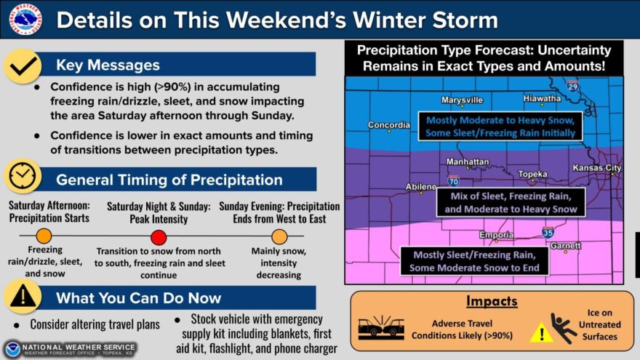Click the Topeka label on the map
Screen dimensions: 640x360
[x=532, y=175]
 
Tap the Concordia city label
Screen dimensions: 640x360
[x=389, y=125]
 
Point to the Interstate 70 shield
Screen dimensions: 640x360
[x=454, y=180]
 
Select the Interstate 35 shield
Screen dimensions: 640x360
[x=548, y=232]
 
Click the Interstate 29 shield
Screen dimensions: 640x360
[x=572, y=86]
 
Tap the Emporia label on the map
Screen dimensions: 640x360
[x=496, y=235]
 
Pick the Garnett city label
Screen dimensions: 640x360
[x=565, y=246]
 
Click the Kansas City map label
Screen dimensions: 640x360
[x=597, y=168]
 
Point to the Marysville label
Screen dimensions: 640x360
[x=462, y=100]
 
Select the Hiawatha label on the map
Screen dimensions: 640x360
[x=542, y=98]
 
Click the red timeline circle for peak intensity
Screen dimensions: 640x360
[x=159, y=237]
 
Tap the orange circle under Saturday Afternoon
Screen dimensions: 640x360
[x=44, y=236]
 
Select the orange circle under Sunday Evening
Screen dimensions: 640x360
[x=279, y=236]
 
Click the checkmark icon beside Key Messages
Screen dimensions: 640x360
[x=23, y=66]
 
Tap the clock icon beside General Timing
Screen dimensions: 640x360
[x=23, y=176]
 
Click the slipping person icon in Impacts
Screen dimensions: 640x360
[x=563, y=328]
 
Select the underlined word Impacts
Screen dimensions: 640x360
[x=492, y=301]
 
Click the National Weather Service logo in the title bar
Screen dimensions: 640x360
[x=25, y=19]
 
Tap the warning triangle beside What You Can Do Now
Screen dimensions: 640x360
[x=23, y=296]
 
